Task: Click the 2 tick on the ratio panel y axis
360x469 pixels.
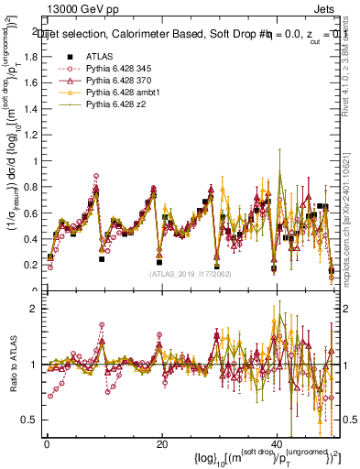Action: point(34,309)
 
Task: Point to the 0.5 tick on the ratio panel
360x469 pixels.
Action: point(30,420)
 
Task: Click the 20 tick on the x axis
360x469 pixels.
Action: point(161,443)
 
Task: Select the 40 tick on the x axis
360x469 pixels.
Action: point(277,443)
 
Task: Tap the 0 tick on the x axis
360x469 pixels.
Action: point(46,443)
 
